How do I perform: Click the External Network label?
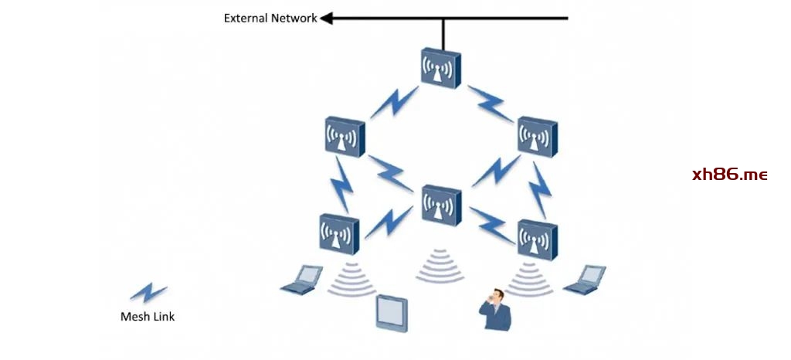pyautogui.click(x=270, y=18)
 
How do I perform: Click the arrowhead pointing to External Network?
pyautogui.click(x=326, y=18)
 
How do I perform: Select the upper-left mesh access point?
pyautogui.click(x=344, y=138)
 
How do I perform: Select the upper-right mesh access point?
pyautogui.click(x=538, y=138)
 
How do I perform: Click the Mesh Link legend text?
pyautogui.click(x=148, y=316)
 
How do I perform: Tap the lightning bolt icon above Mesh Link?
pyautogui.click(x=148, y=293)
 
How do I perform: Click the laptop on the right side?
pyautogui.click(x=585, y=280)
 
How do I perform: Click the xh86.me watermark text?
pyautogui.click(x=729, y=175)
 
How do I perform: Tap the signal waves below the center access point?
pyautogui.click(x=441, y=265)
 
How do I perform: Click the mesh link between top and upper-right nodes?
pyautogui.click(x=491, y=104)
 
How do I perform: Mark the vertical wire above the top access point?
pyautogui.click(x=443, y=33)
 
